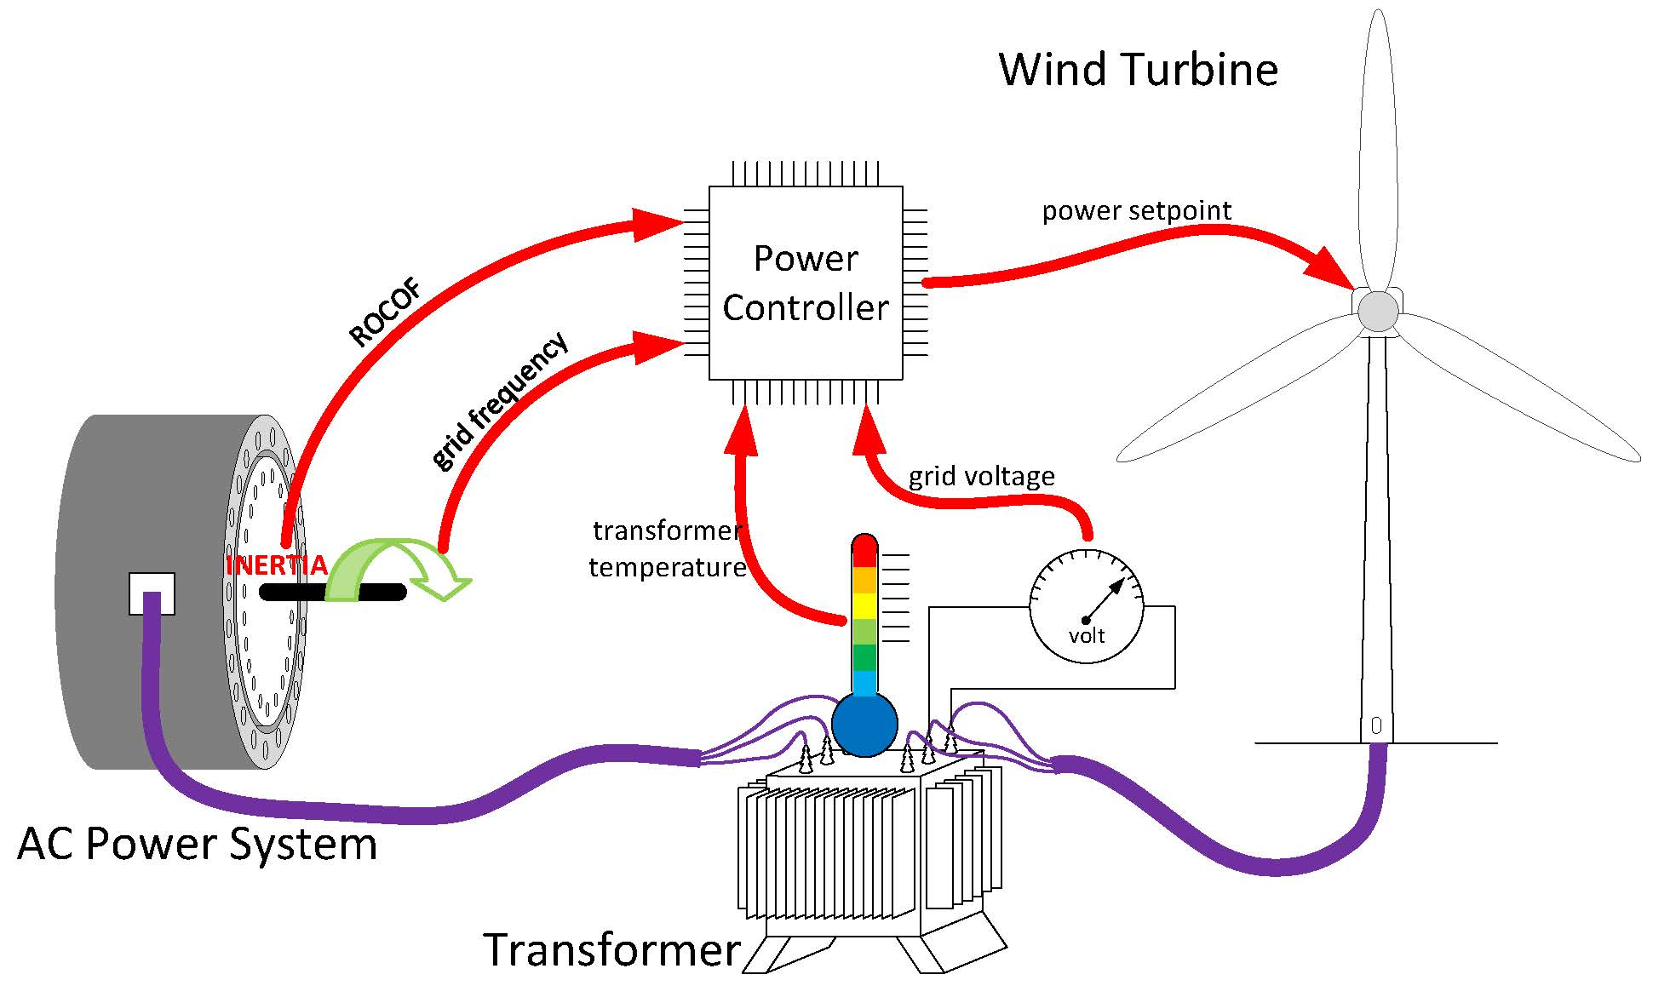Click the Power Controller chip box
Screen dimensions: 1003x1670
805,283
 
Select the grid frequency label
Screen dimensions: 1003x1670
499,401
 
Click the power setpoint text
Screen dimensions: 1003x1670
1136,210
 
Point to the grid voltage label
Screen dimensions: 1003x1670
981,476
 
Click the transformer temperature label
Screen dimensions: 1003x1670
667,549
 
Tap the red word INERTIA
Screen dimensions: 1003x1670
276,565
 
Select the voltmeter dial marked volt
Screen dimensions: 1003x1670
1086,605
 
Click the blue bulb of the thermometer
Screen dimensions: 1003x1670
864,725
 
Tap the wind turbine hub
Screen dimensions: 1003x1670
1377,312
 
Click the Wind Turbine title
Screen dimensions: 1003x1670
1138,70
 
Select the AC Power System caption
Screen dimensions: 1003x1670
197,844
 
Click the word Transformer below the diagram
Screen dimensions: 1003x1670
611,949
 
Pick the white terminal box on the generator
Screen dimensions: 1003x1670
152,593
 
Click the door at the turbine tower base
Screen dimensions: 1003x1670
1376,726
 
